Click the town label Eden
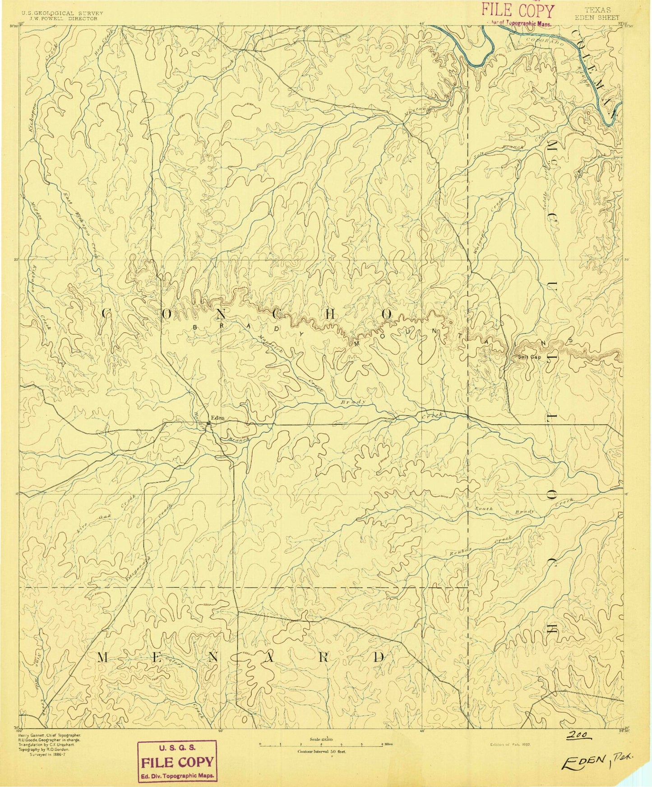coord(217,418)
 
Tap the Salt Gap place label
coord(530,356)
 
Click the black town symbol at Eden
coord(208,424)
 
